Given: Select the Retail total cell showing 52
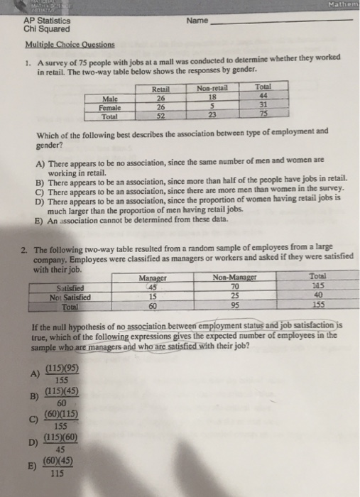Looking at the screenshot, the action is point(161,114).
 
